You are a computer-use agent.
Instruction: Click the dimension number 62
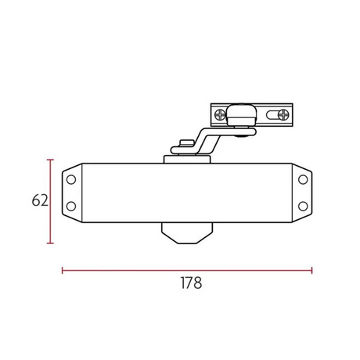40,200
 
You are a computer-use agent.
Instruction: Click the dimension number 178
191,283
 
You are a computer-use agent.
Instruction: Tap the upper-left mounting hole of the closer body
71,180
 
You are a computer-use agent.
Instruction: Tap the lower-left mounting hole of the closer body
71,207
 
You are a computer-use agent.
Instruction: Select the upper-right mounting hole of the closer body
303,180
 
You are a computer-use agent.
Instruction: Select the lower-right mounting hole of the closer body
303,207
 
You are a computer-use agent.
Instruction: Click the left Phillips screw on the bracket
221,114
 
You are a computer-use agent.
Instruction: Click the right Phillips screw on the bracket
283,115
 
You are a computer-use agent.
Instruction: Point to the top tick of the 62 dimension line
50,160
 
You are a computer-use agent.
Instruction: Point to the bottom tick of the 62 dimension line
50,243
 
